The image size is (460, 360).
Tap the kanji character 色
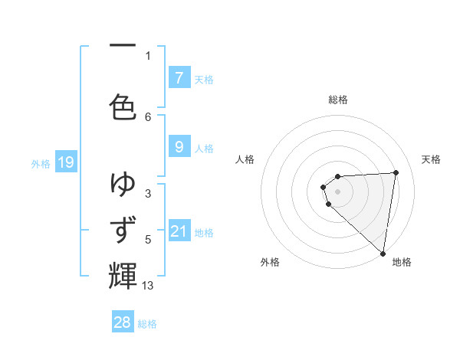123,105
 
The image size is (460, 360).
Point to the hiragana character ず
123,229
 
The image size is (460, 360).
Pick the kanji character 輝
123,275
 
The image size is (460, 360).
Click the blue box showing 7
179,78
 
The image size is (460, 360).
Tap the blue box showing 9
179,148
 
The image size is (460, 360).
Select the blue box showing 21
179,231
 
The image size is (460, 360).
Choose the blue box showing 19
66,162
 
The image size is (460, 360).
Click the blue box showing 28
123,322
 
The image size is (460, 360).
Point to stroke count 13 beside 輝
148,286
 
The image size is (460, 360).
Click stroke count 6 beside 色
148,116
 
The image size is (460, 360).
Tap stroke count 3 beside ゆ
148,194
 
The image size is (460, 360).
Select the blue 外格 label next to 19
41,163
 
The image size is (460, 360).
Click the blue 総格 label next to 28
147,324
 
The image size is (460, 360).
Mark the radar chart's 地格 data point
383,254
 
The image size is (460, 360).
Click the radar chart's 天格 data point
396,172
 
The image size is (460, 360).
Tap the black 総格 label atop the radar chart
337,100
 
